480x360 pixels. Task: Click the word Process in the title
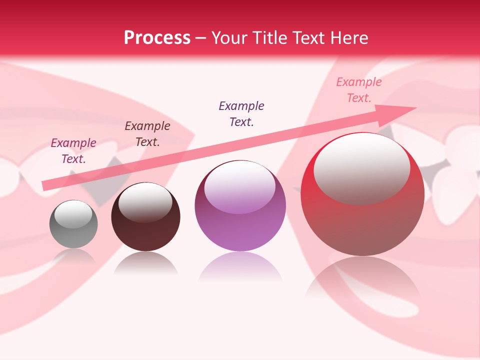[157, 38]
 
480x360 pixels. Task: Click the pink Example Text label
[358, 90]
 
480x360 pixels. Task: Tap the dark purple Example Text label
[241, 113]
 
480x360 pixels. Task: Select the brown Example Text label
[147, 134]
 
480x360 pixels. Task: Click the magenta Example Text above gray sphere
[73, 150]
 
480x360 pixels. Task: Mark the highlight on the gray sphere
[73, 213]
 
